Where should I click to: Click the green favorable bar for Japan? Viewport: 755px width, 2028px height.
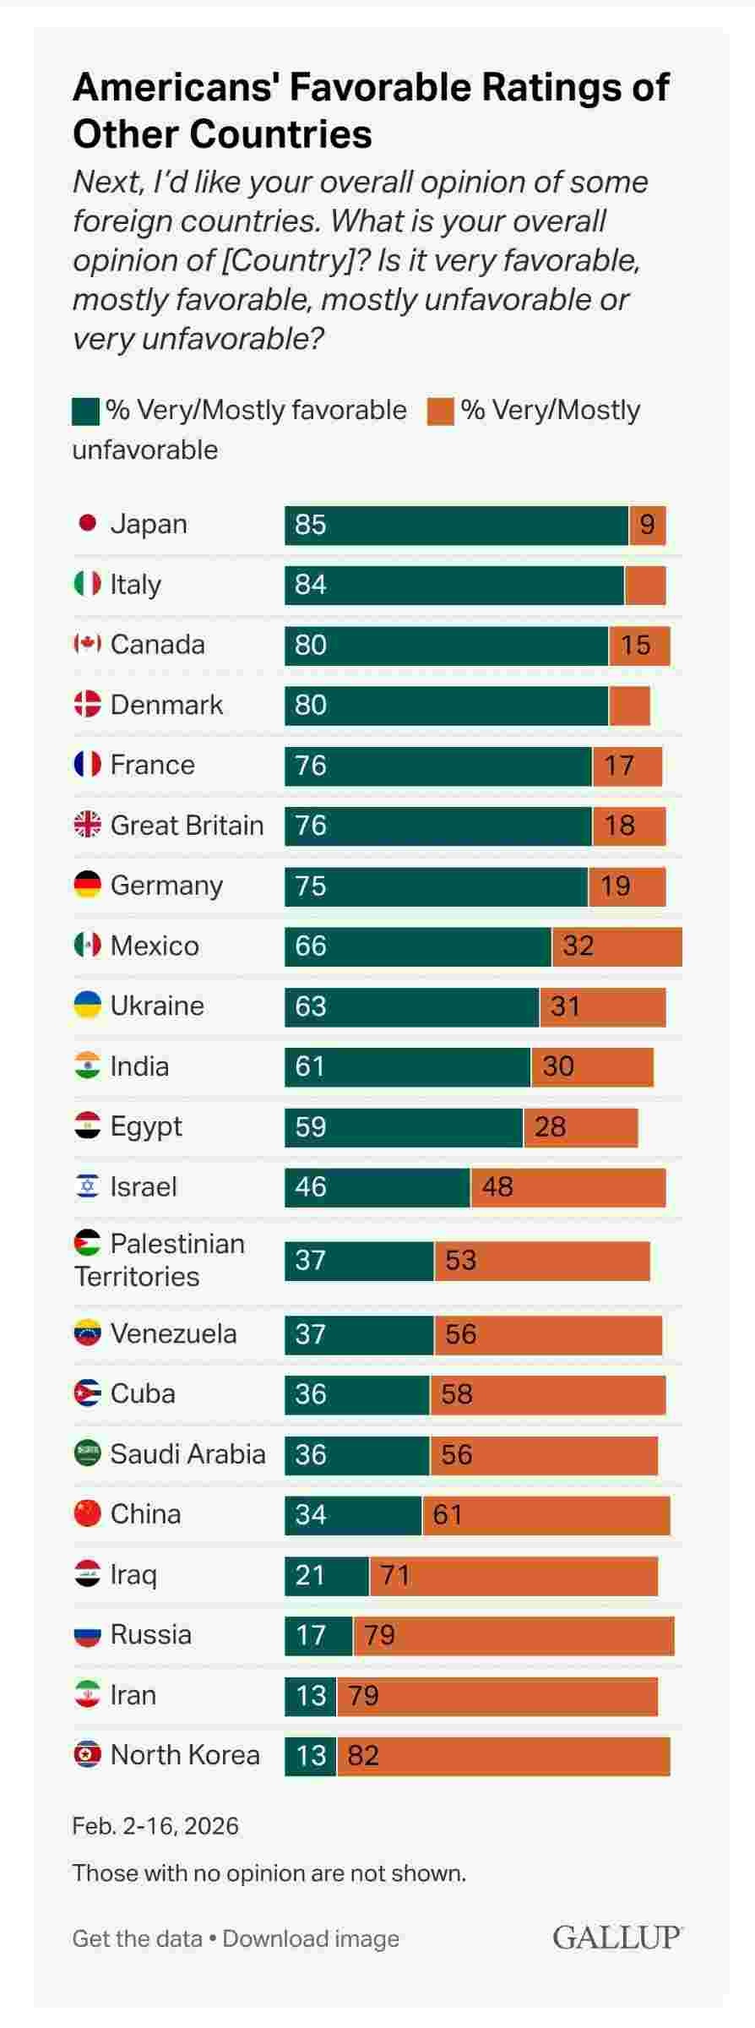click(456, 525)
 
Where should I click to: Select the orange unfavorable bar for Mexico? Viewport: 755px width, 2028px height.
click(616, 946)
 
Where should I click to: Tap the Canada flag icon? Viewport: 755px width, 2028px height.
click(87, 645)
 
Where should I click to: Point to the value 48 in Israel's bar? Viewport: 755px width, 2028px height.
click(497, 1187)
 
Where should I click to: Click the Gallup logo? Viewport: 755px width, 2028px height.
click(617, 1938)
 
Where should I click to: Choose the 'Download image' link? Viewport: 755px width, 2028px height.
click(311, 1938)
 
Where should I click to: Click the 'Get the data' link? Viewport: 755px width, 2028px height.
click(137, 1938)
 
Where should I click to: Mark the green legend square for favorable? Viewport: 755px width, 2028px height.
click(85, 412)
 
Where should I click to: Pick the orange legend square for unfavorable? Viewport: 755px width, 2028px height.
click(440, 412)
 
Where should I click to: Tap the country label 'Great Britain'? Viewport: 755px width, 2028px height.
click(187, 825)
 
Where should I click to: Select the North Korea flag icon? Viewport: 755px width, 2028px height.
click(87, 1755)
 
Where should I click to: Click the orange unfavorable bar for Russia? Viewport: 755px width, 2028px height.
click(513, 1635)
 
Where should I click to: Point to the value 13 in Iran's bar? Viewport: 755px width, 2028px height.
click(311, 1695)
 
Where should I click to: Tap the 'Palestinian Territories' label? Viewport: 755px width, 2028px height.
click(160, 1259)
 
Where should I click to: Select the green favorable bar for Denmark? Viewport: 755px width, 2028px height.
click(446, 706)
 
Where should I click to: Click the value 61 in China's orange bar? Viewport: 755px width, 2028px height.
click(448, 1514)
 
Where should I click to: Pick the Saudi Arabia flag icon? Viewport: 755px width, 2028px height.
click(87, 1453)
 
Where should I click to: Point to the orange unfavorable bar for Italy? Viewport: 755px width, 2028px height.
click(645, 585)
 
